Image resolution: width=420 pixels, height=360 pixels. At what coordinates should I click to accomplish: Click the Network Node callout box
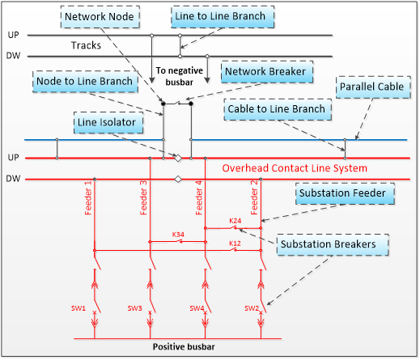100,17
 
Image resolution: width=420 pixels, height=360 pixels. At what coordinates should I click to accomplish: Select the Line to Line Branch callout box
223,16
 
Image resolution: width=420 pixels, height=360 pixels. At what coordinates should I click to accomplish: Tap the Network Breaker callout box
267,72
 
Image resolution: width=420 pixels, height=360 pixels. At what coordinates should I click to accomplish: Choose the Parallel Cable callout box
373,87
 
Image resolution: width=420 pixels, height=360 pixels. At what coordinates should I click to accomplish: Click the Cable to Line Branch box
278,109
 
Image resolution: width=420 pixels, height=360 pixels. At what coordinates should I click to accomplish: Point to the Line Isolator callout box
108,122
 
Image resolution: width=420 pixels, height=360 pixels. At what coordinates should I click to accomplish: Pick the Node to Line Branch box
85,82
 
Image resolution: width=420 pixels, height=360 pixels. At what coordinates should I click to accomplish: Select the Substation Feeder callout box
345,193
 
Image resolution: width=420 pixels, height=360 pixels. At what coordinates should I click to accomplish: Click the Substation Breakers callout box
333,244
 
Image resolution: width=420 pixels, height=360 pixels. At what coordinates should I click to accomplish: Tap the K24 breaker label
235,221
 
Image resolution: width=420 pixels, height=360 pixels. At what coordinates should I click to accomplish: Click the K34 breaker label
178,235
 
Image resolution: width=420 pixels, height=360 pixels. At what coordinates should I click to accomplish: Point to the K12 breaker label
235,244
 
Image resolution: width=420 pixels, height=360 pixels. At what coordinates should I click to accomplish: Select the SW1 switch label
78,308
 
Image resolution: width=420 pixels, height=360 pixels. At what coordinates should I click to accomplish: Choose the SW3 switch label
134,308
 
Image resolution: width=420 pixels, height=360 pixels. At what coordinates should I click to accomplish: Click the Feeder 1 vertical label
88,197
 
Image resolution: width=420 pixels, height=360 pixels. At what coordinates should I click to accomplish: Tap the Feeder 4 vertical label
199,197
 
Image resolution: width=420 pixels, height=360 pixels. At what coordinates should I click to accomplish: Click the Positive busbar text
184,346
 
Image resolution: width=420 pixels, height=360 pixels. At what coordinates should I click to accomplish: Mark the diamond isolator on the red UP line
178,158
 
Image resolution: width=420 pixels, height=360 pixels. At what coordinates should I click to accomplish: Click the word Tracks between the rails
86,45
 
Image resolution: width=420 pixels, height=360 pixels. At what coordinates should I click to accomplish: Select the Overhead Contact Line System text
295,168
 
